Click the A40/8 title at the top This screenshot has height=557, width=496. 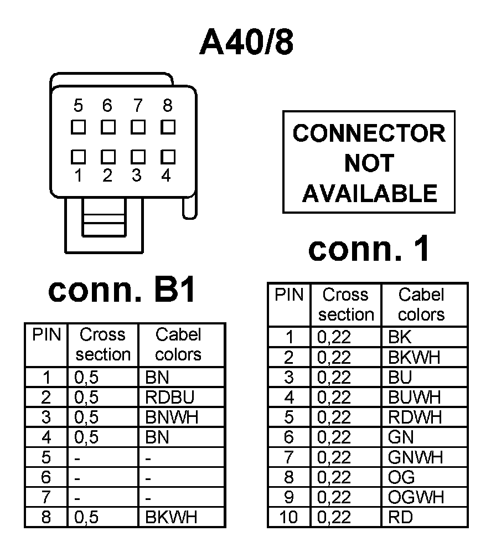[246, 43]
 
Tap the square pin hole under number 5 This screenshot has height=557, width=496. [78, 127]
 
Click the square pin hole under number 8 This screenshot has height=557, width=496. [168, 127]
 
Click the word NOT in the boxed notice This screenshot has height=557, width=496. [369, 163]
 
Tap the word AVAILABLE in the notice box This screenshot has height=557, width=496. [369, 193]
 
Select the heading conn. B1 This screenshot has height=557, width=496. [122, 290]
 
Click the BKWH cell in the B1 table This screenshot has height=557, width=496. [171, 517]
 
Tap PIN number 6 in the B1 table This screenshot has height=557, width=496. [46, 477]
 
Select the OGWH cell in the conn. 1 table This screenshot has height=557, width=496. [416, 497]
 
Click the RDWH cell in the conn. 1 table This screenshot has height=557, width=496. [415, 417]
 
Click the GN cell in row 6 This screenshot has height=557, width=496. [401, 437]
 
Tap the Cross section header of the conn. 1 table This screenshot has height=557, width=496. [346, 305]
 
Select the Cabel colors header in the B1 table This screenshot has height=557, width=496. [178, 344]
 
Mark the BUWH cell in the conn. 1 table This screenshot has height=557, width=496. [415, 398]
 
